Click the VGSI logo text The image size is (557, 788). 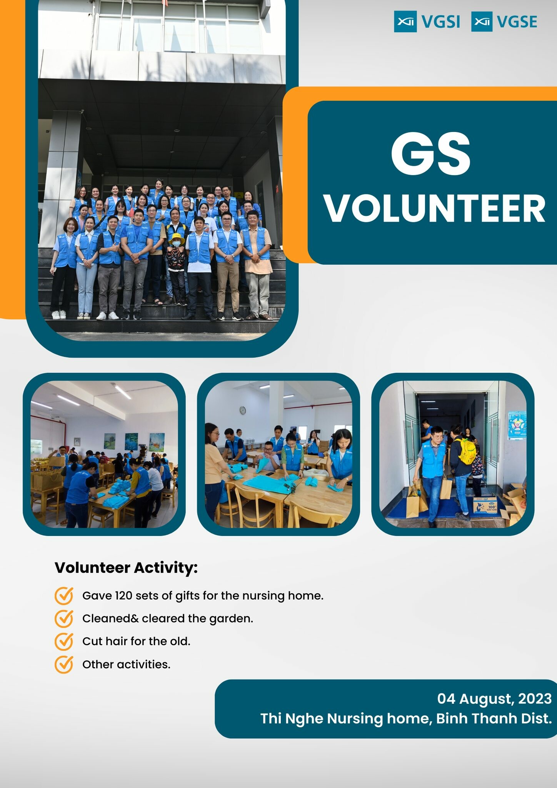pos(440,22)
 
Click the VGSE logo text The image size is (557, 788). pos(517,22)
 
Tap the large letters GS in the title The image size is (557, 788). pos(430,154)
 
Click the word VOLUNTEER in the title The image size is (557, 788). pos(435,208)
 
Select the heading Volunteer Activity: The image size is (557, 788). pos(126,568)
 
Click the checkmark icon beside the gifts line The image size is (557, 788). pos(64,596)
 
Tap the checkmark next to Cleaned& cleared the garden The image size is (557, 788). pos(64,619)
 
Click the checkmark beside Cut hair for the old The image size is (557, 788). pos(64,641)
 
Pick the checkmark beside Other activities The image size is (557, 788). pos(64,664)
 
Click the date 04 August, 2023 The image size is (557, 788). pos(494,699)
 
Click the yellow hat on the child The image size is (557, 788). pos(177,238)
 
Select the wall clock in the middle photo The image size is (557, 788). pos(243,411)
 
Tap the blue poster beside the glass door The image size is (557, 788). pos(517,426)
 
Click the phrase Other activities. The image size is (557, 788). pos(126,664)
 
